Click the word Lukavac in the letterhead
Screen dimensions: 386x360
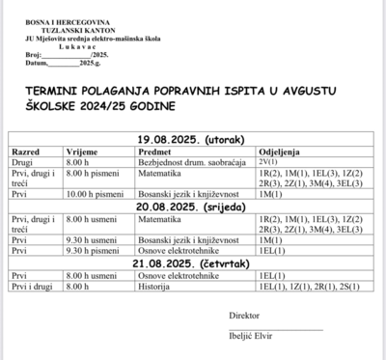59,43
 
